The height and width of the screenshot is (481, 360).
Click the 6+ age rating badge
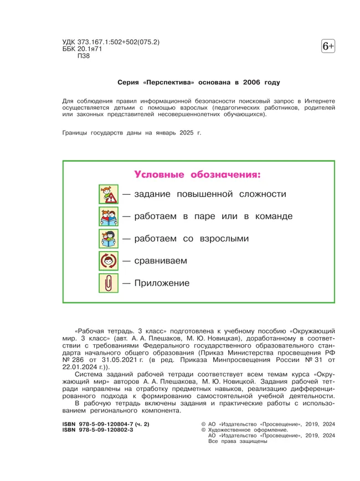[328, 48]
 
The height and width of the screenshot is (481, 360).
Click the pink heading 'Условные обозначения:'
[198, 175]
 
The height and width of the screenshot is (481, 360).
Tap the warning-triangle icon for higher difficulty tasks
[107, 194]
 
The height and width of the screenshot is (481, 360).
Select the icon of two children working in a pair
[107, 216]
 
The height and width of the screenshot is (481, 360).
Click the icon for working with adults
[107, 239]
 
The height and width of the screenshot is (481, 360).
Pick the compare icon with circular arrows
[107, 261]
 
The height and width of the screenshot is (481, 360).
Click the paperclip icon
[107, 283]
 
